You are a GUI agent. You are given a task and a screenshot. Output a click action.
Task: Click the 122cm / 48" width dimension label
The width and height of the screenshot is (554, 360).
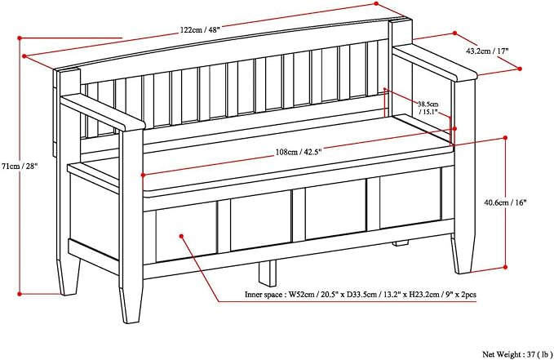[x=200, y=30]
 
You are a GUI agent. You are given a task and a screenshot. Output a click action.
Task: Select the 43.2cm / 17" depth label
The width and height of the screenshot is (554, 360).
[x=487, y=51]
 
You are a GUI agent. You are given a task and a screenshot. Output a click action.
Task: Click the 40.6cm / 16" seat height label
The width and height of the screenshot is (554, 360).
[x=505, y=202]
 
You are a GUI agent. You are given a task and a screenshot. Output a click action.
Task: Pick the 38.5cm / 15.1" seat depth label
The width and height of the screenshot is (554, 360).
[x=428, y=108]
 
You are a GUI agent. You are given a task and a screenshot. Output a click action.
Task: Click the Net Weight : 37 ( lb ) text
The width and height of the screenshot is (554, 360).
[x=517, y=354]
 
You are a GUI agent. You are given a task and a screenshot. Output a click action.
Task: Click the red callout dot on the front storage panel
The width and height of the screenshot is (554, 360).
[x=182, y=236]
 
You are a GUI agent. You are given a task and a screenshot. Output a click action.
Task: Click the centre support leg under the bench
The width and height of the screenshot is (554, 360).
[x=268, y=273]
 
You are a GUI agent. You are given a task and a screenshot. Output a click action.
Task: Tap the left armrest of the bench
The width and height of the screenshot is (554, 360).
[x=103, y=111]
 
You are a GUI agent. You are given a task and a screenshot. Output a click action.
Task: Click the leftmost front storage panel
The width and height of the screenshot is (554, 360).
[x=186, y=232]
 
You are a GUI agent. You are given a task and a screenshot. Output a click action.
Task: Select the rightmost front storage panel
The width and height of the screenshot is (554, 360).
[x=410, y=199]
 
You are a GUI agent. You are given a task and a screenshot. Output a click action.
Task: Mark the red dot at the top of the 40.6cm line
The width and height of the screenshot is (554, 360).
[x=505, y=137]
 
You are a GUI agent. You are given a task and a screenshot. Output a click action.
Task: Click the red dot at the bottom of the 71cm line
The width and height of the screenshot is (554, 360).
[x=20, y=294]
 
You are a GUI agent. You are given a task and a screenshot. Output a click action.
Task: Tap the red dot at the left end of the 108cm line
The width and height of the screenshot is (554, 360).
[x=143, y=175]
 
